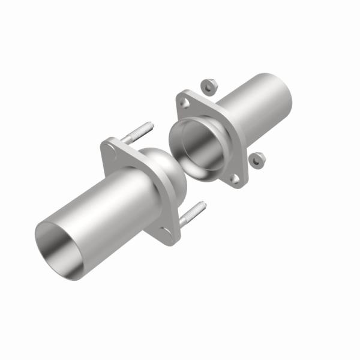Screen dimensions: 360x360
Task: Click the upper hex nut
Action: point(209,86)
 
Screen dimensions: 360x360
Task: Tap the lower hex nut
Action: point(256,160)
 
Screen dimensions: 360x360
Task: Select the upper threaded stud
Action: point(137,133)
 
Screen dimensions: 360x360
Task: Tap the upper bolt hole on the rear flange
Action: point(185,104)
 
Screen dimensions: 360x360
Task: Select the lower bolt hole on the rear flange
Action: point(235,178)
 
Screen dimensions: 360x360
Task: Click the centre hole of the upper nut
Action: point(209,86)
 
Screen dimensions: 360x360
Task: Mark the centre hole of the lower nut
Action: point(256,160)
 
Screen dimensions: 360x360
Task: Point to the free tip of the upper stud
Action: point(151,125)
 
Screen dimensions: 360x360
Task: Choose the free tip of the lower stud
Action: point(203,205)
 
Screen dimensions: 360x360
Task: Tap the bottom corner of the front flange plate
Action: point(168,238)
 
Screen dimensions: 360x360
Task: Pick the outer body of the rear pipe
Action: point(252,108)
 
